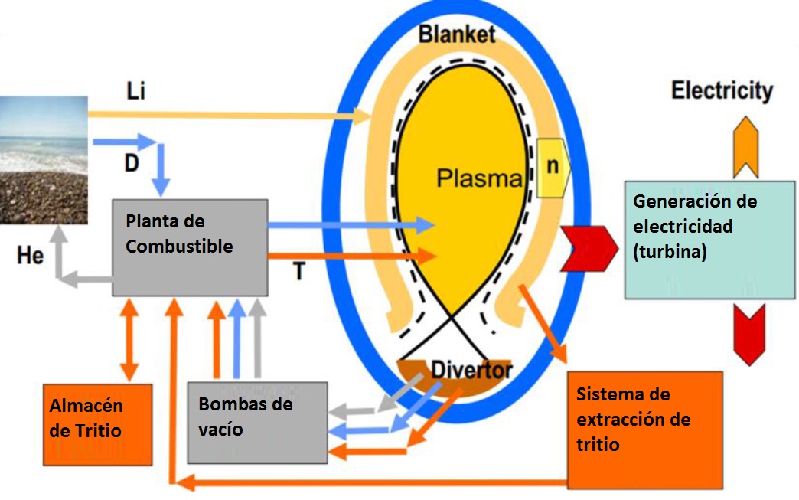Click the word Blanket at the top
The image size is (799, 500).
click(x=457, y=34)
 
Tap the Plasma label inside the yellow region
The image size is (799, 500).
click(x=478, y=178)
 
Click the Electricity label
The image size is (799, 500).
click(x=722, y=91)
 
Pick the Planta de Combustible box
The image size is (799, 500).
click(x=190, y=247)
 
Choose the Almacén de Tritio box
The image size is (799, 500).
click(x=98, y=423)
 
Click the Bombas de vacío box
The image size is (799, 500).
click(x=257, y=422)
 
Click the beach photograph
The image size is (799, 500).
click(x=44, y=159)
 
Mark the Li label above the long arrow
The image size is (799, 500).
click(x=135, y=92)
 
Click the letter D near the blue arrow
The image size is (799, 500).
click(x=132, y=164)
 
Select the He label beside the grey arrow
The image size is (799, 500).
click(x=30, y=255)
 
